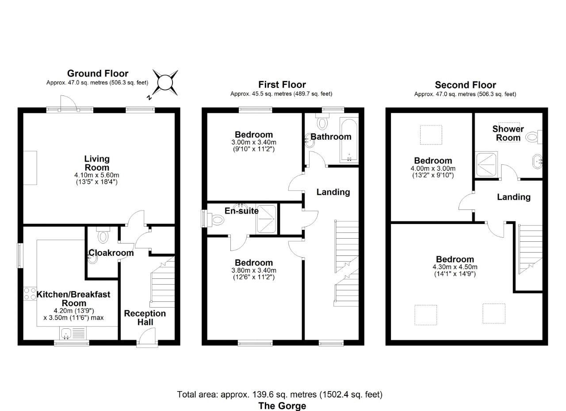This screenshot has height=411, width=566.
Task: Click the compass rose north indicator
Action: point(164,83)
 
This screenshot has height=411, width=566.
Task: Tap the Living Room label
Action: point(97,163)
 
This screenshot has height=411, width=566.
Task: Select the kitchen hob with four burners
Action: point(30,294)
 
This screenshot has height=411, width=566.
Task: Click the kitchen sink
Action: point(67,333)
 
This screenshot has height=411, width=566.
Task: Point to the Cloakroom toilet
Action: point(103,236)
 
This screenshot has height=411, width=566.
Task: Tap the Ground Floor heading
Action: point(97,73)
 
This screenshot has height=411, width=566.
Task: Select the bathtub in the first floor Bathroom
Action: point(349,140)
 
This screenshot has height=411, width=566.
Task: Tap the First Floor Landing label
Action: point(333,192)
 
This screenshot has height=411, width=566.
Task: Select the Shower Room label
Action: point(508,133)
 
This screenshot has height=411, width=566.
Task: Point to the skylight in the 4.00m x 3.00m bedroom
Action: point(430,135)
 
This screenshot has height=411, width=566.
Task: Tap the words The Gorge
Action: point(282,405)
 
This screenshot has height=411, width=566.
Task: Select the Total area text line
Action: point(279,394)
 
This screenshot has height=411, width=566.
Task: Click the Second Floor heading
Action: point(465,85)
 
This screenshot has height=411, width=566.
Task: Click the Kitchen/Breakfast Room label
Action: point(73,298)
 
